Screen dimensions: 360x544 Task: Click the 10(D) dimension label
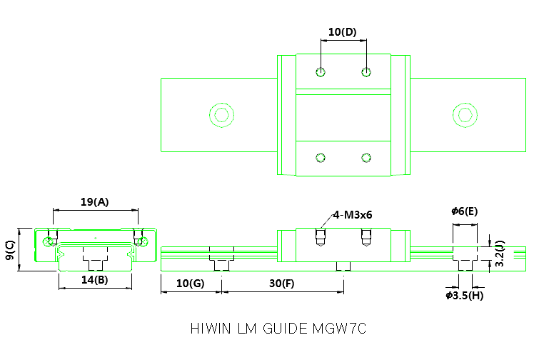(342, 32)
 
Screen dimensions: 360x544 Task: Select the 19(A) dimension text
(95, 202)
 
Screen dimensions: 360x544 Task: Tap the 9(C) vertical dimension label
(10, 249)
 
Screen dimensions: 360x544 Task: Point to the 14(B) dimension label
(94, 280)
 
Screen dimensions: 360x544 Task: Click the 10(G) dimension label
(190, 283)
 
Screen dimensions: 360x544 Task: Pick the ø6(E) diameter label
(464, 211)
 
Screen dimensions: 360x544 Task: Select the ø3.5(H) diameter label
(464, 295)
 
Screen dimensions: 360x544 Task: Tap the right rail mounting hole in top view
(465, 114)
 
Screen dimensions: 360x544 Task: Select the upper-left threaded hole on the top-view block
(321, 71)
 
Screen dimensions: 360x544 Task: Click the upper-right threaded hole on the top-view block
(367, 71)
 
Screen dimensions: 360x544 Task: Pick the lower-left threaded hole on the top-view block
(321, 157)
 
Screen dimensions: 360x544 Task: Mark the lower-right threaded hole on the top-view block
(367, 157)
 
